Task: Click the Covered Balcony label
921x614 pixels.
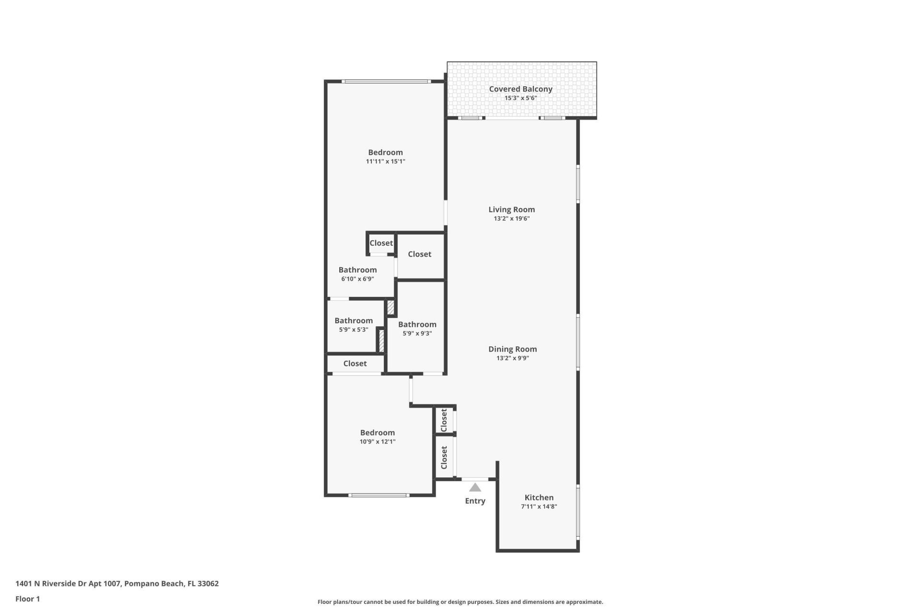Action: tap(520, 89)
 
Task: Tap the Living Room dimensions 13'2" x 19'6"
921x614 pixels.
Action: tap(511, 219)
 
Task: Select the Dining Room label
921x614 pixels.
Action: tap(512, 349)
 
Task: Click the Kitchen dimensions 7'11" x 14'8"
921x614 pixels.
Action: tap(539, 507)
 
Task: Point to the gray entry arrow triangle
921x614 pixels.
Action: tap(475, 488)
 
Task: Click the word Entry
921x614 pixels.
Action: tap(475, 501)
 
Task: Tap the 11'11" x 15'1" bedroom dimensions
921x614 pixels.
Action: tap(385, 162)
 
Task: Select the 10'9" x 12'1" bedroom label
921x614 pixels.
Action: tap(378, 433)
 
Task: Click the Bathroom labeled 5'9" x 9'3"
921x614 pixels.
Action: tap(417, 325)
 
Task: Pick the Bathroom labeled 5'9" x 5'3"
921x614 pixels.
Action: tap(354, 321)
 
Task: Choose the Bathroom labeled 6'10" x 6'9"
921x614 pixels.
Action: tap(357, 270)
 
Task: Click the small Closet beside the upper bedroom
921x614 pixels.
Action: tap(381, 243)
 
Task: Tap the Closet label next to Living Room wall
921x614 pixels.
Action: tap(419, 254)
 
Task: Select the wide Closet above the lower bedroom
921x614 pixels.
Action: tap(355, 364)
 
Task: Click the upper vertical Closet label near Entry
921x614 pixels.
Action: tap(444, 420)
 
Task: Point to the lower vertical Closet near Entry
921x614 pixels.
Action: tap(444, 458)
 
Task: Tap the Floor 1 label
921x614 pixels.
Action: tap(27, 599)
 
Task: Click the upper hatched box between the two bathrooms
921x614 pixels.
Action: tap(390, 307)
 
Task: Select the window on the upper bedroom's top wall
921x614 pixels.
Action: tap(387, 82)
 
